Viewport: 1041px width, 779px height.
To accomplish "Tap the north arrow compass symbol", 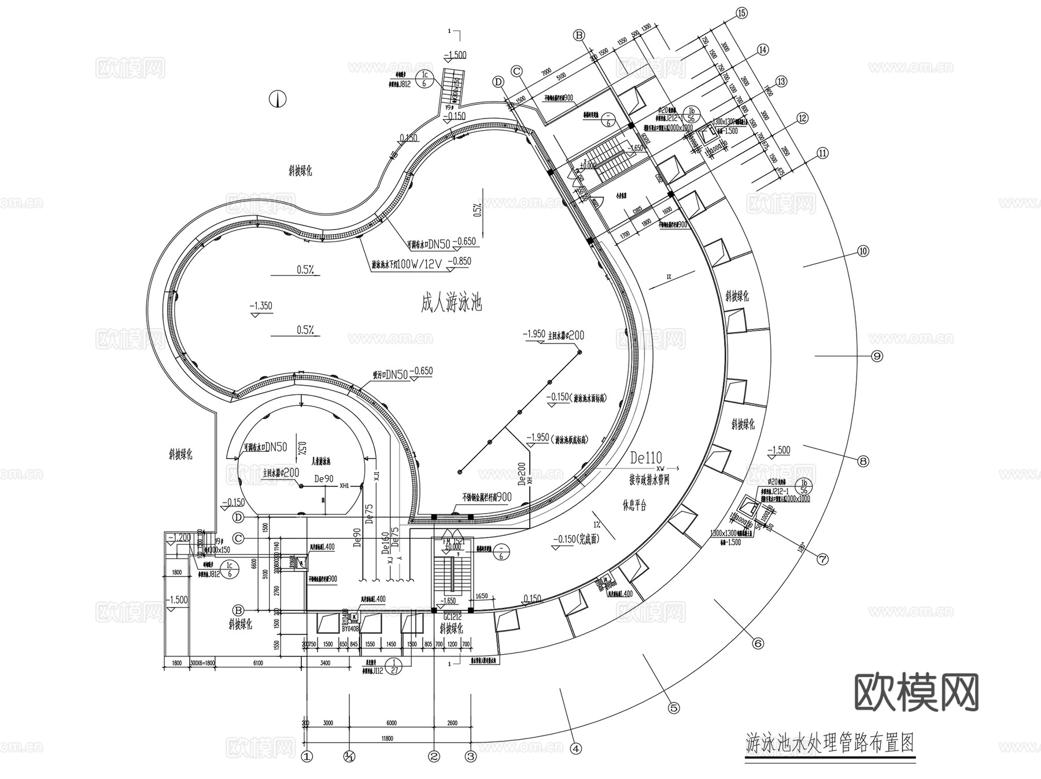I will pos(278,99).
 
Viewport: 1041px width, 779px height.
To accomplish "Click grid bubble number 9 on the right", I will pos(877,356).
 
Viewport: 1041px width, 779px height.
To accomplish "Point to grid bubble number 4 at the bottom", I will pos(575,748).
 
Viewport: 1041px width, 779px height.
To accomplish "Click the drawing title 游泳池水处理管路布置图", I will pos(829,743).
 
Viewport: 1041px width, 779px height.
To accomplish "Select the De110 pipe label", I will pos(646,458).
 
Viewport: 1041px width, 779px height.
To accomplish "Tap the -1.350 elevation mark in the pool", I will pos(261,306).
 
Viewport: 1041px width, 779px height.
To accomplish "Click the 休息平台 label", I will pos(634,505).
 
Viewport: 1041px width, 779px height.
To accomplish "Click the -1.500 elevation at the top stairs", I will pos(455,55).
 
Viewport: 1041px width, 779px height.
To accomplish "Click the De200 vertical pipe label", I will pos(522,474).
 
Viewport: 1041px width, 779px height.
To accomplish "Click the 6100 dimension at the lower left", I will pos(258,663).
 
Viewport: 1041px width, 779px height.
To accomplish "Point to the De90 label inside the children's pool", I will pos(324,478).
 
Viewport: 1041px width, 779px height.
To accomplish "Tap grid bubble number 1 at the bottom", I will pos(307,755).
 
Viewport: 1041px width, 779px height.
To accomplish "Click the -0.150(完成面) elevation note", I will pos(577,539).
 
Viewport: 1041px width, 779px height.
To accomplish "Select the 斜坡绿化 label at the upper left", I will pos(301,171).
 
